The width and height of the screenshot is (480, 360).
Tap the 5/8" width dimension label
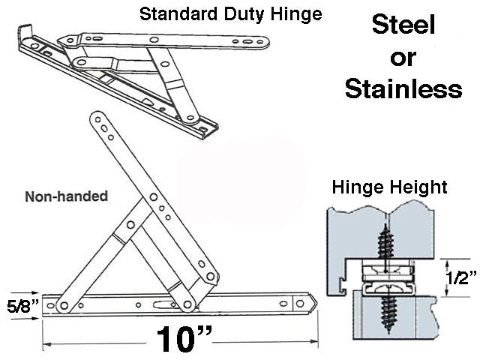[19, 306]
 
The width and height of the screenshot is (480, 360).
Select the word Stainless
[403, 89]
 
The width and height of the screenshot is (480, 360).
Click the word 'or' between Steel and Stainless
[403, 58]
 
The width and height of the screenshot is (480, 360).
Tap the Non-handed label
[66, 196]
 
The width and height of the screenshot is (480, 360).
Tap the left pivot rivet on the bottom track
[63, 304]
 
